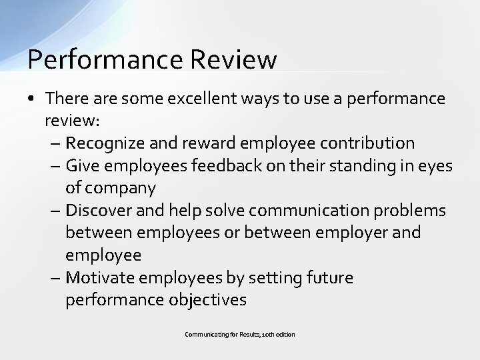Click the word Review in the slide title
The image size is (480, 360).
(x=233, y=59)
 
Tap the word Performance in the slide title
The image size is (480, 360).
(x=105, y=59)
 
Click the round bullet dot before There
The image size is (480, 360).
(x=32, y=99)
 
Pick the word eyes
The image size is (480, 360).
(x=434, y=165)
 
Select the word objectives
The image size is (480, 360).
(x=207, y=300)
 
